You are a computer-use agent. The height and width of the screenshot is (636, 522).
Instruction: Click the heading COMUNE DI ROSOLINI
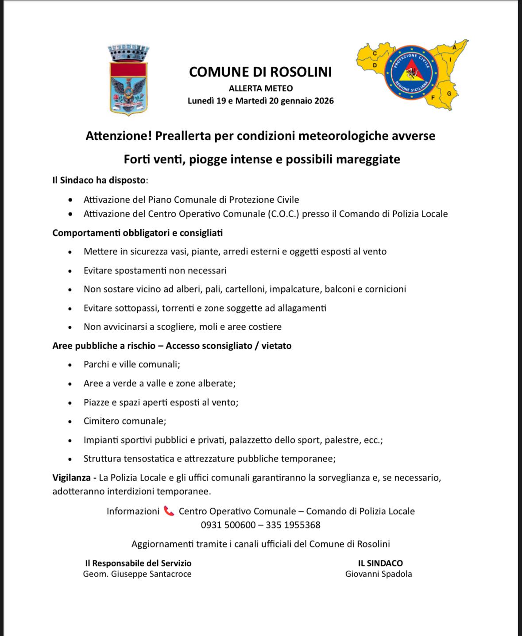pos(260,72)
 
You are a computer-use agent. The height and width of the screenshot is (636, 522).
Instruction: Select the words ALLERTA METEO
pos(261,89)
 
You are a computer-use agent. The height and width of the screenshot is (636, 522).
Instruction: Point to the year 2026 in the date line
pos(324,101)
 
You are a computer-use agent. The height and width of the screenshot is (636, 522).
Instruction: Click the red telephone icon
pos(169,511)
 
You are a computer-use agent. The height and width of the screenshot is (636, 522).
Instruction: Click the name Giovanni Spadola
pos(379,574)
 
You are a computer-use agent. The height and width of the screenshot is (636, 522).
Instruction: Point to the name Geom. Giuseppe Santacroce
pos(137,574)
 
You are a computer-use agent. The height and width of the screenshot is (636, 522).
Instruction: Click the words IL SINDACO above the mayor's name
pos(380,563)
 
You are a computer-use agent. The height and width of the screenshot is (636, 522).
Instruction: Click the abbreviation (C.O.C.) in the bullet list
pos(283,214)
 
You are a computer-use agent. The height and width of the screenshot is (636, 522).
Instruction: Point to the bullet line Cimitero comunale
pos(124,421)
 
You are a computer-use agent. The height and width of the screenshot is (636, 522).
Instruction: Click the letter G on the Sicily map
pos(449,93)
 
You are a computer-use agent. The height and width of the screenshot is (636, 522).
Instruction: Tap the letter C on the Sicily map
pos(375,53)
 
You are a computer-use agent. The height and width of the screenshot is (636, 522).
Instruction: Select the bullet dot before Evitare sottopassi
pos(70,308)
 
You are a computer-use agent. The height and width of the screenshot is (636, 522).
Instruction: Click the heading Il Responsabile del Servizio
pos(138,563)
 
